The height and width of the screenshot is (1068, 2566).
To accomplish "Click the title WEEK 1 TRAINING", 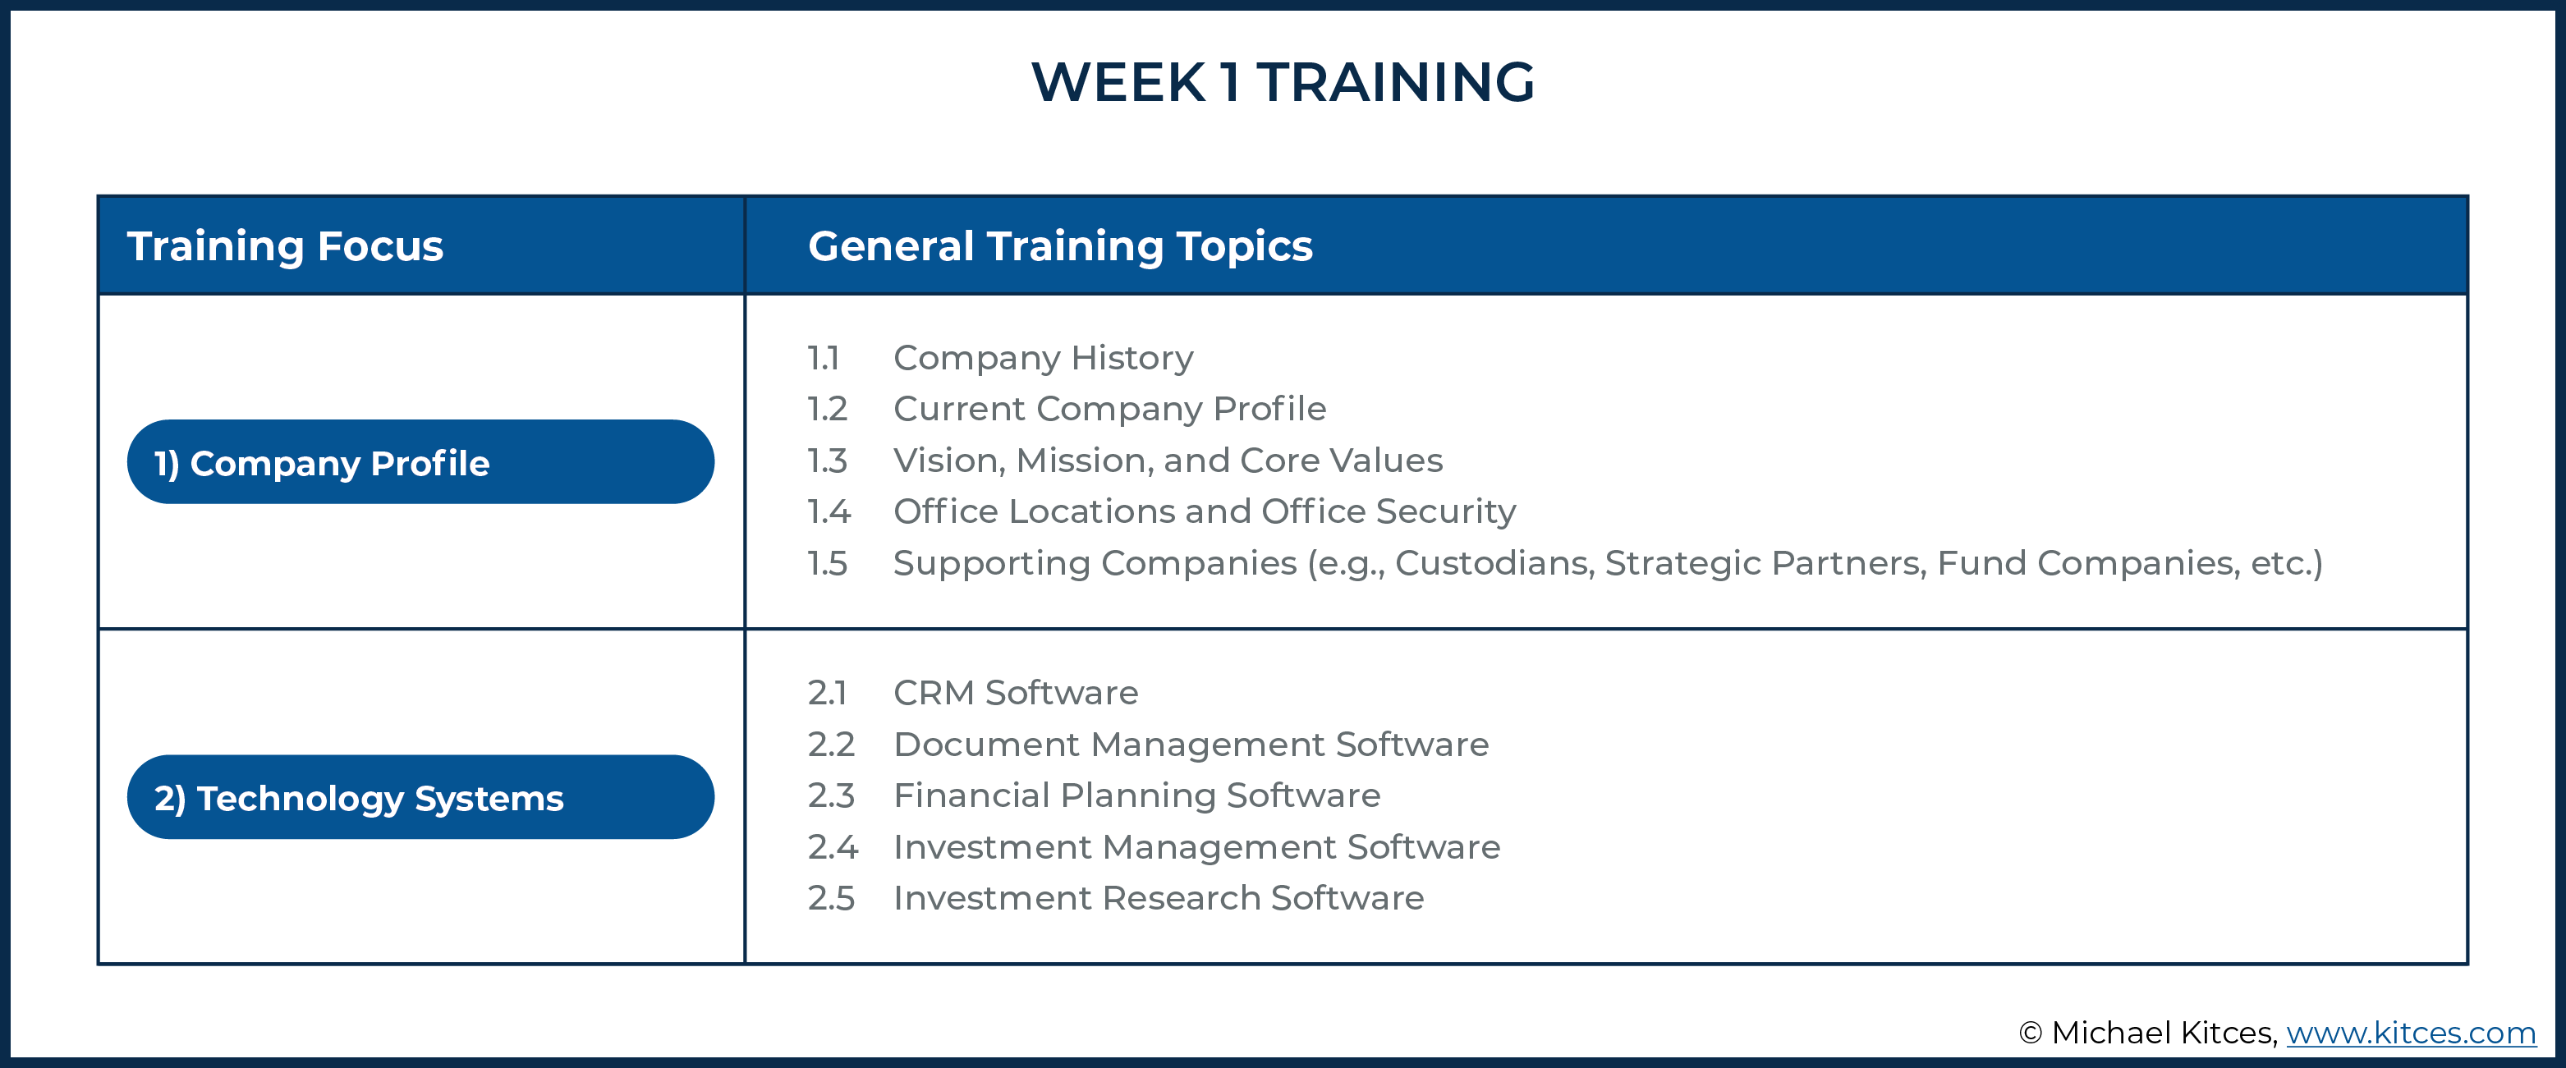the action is (1283, 82).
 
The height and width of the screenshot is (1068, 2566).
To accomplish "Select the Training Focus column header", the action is (285, 246).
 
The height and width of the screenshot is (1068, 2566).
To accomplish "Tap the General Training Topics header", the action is (1060, 246).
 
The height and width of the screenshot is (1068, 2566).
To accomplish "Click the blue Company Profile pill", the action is (420, 462).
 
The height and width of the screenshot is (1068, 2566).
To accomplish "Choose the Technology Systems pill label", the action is (359, 798).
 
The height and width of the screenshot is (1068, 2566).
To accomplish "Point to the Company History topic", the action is (1043, 356).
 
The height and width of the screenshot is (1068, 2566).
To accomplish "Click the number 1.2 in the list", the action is (827, 409).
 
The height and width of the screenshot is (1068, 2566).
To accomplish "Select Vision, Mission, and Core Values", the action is (1168, 461).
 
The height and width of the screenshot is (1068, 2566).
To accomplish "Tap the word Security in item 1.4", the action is (1445, 512).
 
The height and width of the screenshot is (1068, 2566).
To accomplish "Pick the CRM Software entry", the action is (1015, 692).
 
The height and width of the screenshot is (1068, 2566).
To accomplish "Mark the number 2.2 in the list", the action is (831, 745).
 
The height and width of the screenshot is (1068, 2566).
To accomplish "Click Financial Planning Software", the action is (1136, 795).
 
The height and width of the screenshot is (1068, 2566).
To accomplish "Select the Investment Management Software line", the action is (1196, 847).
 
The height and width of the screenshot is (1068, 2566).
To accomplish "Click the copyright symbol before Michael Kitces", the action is (2030, 1034).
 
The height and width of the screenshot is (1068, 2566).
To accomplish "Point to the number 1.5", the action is (827, 563).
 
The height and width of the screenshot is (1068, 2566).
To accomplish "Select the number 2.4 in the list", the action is (833, 847).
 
